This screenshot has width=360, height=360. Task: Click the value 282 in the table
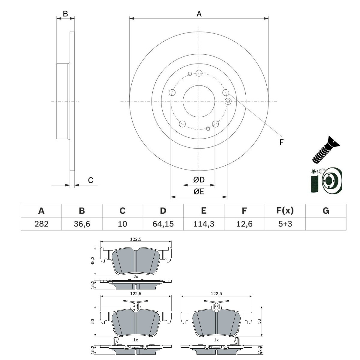pos(41,223)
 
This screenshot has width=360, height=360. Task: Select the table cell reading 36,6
pos(82,223)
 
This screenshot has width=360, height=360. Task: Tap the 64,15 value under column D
pos(163,223)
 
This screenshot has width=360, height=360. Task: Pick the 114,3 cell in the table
pos(204,223)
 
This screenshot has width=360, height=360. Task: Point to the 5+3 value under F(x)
pos(285,223)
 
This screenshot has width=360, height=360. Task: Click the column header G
pos(326,211)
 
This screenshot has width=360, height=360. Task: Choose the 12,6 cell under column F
pos(244,223)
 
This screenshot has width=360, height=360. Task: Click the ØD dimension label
pos(199,180)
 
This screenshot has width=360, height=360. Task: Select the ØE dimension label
pos(199,191)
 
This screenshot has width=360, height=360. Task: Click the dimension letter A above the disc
pos(199,13)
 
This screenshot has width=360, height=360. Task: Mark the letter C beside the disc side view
pos(90,180)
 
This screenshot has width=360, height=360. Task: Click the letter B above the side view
pos(65,13)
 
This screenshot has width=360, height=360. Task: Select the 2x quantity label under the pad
pos(136,277)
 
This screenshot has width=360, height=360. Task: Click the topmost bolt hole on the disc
pos(199,73)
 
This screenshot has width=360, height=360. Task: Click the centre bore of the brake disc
pos(199,101)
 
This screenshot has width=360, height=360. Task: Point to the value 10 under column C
pos(122,223)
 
